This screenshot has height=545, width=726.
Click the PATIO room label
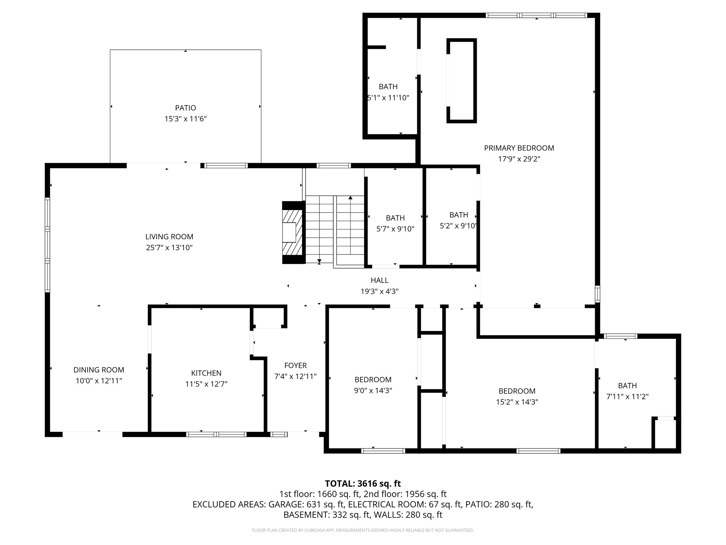[x=185, y=108]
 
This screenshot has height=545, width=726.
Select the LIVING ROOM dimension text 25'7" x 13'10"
[x=169, y=248]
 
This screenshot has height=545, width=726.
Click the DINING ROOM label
[x=99, y=370]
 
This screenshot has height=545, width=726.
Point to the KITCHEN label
[x=206, y=373]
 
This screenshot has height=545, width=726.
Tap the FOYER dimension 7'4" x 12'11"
[x=295, y=376]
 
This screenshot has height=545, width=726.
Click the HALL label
[x=379, y=280]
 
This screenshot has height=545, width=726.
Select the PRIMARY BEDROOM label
[x=519, y=148]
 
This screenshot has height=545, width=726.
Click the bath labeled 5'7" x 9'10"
[x=395, y=229]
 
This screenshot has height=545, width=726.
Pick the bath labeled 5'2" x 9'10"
[x=458, y=226]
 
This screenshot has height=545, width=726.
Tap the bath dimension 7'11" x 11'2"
[x=627, y=397]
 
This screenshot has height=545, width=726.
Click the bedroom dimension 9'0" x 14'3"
[x=373, y=391]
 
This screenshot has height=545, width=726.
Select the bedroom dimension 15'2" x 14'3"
[x=517, y=402]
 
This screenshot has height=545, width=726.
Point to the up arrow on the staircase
[x=350, y=198]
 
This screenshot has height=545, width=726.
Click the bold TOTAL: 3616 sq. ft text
[x=363, y=484]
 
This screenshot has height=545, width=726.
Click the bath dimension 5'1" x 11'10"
[x=389, y=98]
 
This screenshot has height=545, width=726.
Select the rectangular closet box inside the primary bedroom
[x=461, y=81]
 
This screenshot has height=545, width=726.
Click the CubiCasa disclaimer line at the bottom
[x=363, y=530]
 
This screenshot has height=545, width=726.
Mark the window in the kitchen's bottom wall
[x=216, y=434]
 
